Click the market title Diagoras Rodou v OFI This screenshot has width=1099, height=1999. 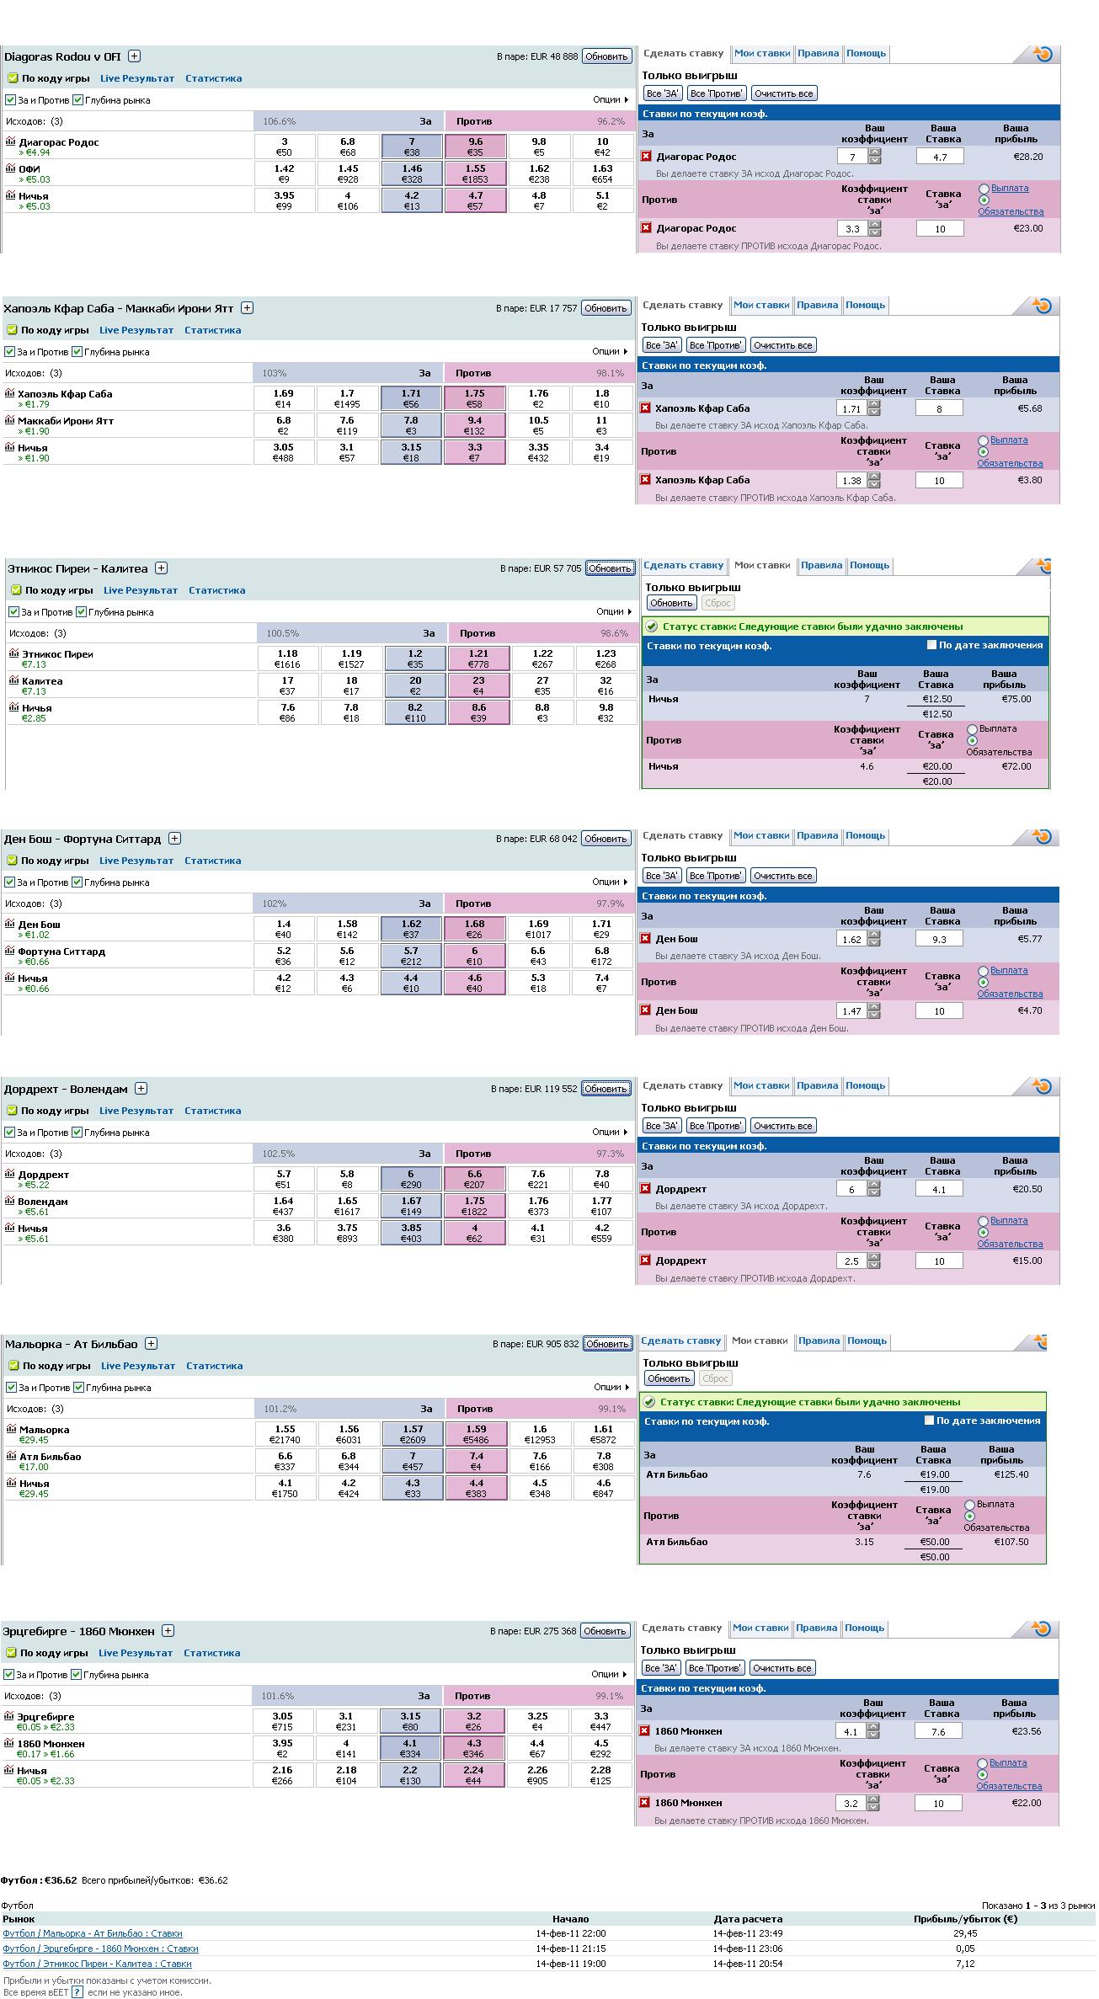click(x=62, y=57)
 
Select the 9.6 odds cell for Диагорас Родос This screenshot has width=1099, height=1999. click(x=476, y=147)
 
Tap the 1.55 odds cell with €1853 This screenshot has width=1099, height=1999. click(x=476, y=173)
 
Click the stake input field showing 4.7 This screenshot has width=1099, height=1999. click(x=939, y=157)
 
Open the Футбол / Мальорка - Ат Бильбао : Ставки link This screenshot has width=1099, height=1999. click(x=93, y=1933)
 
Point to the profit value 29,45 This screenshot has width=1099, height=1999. click(x=965, y=1933)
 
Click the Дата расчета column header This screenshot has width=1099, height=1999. click(x=748, y=1918)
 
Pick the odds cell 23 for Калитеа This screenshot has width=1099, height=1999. click(x=478, y=685)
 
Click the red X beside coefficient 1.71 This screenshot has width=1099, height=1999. click(x=646, y=408)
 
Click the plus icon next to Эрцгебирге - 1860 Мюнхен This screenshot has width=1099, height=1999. click(x=168, y=1631)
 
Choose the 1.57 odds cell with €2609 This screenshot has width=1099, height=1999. click(x=413, y=1434)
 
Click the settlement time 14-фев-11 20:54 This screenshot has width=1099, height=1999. click(x=748, y=1964)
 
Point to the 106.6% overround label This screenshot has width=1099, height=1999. click(x=280, y=121)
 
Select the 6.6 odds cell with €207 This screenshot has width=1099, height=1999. click(x=475, y=1179)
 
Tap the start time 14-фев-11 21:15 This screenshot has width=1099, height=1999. click(x=570, y=1948)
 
